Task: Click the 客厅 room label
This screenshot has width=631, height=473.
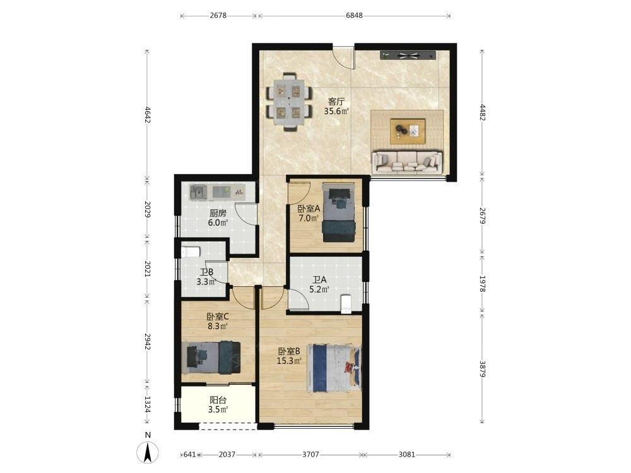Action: coord(336,102)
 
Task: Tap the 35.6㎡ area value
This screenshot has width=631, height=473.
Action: coord(336,111)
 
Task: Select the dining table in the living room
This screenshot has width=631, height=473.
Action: coord(290,102)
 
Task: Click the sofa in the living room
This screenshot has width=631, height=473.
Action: coord(407,162)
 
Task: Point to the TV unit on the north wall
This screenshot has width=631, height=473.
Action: coord(408,55)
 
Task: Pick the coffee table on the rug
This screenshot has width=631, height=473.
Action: coord(407,131)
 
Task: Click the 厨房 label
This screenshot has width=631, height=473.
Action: coord(217,213)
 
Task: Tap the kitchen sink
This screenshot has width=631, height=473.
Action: coord(198,192)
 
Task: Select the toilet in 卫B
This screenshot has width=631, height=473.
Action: coord(190,252)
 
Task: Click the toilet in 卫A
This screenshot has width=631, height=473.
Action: coord(346,304)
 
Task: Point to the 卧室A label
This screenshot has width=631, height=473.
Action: coord(309,209)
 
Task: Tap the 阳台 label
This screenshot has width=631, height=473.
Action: coord(218,400)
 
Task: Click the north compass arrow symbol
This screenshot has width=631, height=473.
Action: coord(148,452)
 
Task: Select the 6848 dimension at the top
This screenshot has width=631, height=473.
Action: coord(354,15)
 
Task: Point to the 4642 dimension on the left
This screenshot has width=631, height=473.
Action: coord(147,115)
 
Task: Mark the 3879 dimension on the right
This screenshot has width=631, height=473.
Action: coord(482,369)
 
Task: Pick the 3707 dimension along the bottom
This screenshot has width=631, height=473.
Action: coord(310,455)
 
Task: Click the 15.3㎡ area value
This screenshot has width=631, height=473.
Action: coord(289,361)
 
